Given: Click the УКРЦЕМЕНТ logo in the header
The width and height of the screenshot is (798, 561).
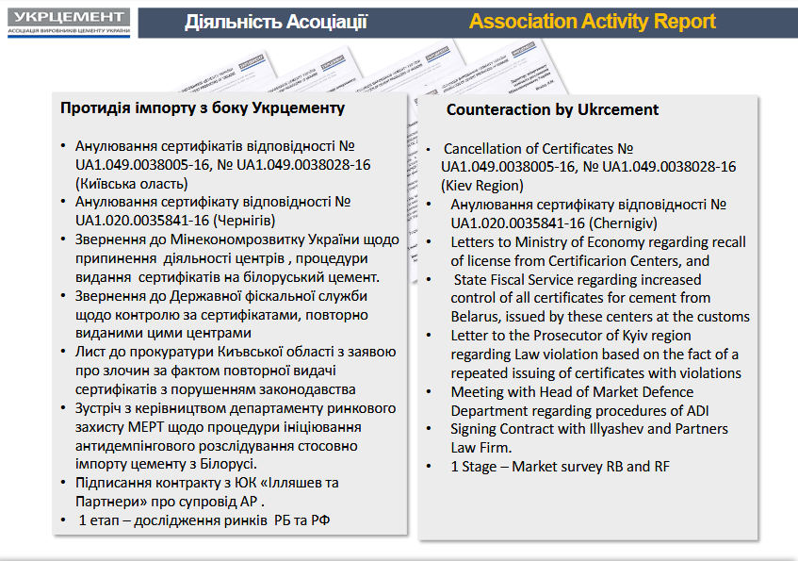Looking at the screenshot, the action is tap(69, 23).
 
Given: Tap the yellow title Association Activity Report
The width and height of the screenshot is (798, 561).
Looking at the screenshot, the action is tap(593, 22).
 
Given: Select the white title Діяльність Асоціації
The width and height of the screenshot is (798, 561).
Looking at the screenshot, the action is tap(276, 22).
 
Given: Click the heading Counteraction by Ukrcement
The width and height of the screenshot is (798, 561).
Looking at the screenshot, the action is tap(552, 109).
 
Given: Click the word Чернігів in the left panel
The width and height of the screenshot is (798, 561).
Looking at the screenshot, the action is tap(244, 221).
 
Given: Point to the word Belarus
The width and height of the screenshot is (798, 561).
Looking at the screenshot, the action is tap(475, 317).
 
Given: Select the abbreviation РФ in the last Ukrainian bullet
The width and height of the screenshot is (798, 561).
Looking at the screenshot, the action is tap(320, 520).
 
